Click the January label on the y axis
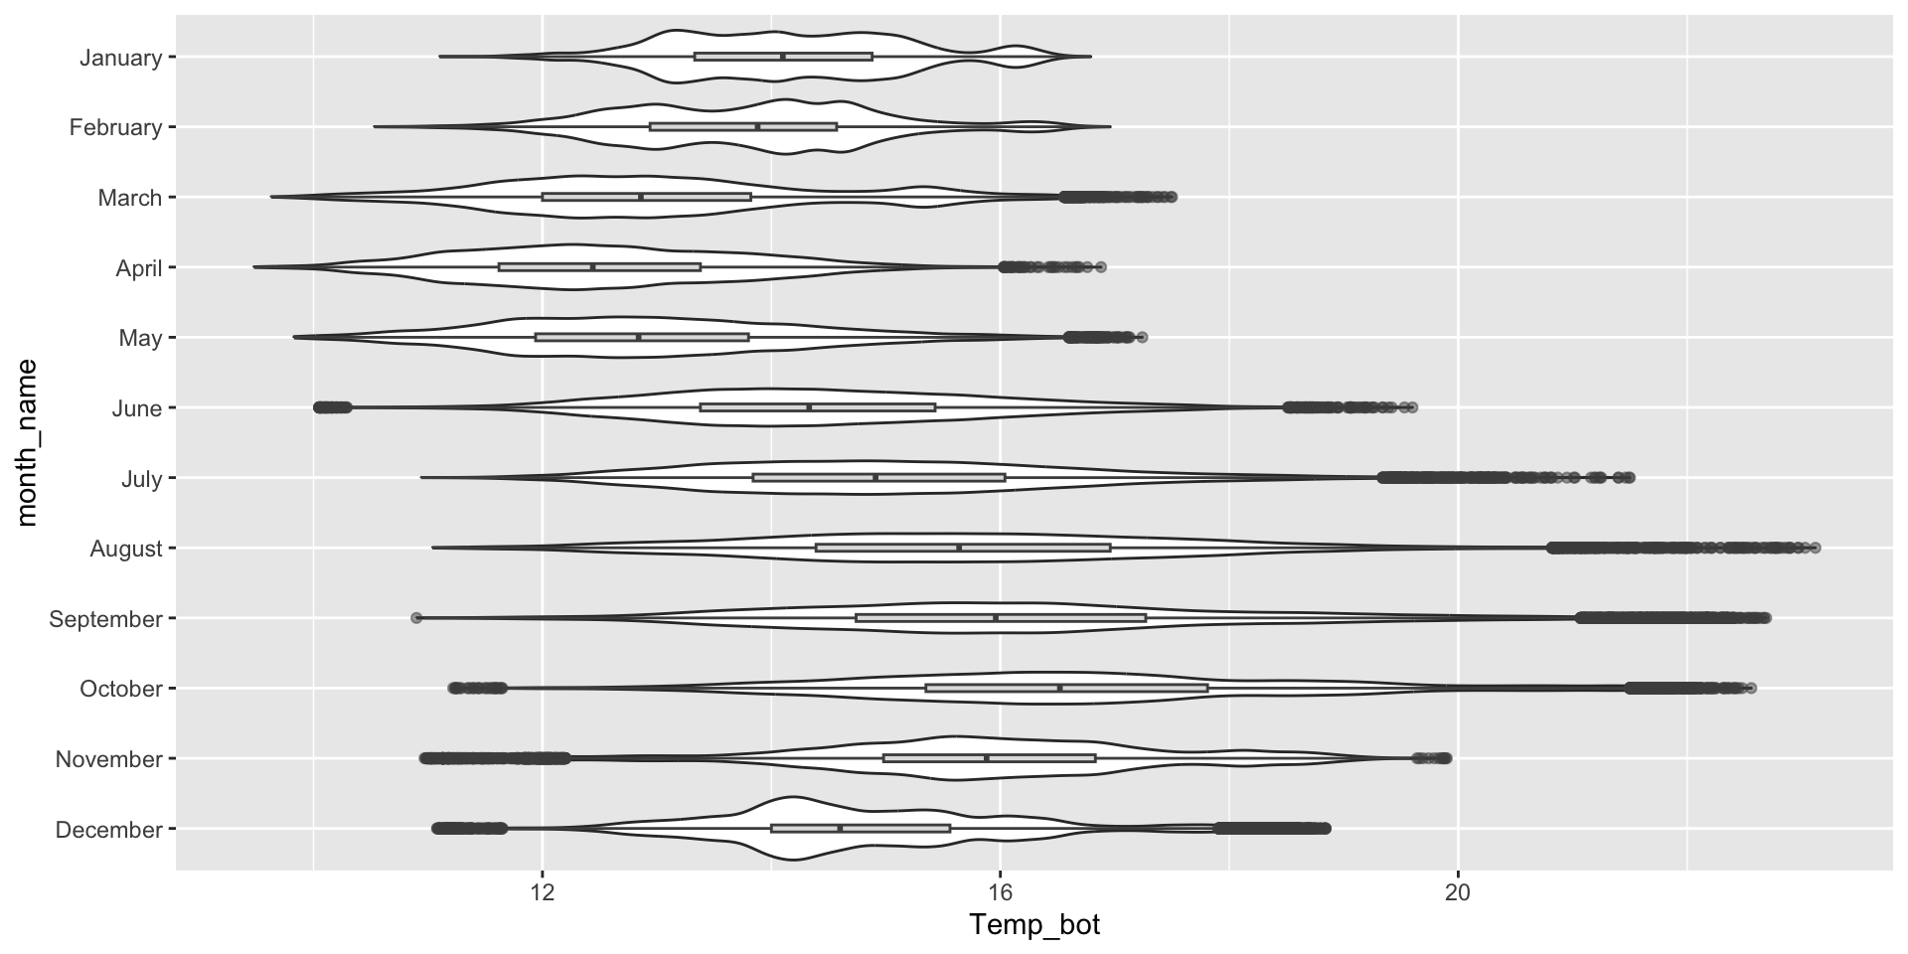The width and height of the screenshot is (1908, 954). (120, 58)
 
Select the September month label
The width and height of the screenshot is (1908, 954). (105, 619)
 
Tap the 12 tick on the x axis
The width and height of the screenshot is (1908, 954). (543, 891)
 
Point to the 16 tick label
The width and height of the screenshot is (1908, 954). (1000, 891)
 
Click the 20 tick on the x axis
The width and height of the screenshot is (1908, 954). (1458, 891)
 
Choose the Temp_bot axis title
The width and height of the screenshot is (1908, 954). (1034, 926)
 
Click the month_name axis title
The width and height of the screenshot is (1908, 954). (27, 442)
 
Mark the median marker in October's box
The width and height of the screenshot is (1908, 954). (1060, 688)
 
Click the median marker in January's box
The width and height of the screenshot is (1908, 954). (783, 57)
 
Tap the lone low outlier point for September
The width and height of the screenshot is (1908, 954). (416, 618)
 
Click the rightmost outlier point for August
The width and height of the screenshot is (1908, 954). (1816, 548)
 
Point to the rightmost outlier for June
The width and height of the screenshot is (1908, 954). (1412, 407)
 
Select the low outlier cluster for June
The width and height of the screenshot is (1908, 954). (332, 407)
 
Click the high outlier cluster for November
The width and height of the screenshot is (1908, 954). (1433, 758)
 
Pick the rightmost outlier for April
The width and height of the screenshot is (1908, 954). (1100, 267)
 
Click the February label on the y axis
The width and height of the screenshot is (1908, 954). (115, 127)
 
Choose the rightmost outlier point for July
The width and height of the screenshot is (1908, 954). (1630, 478)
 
